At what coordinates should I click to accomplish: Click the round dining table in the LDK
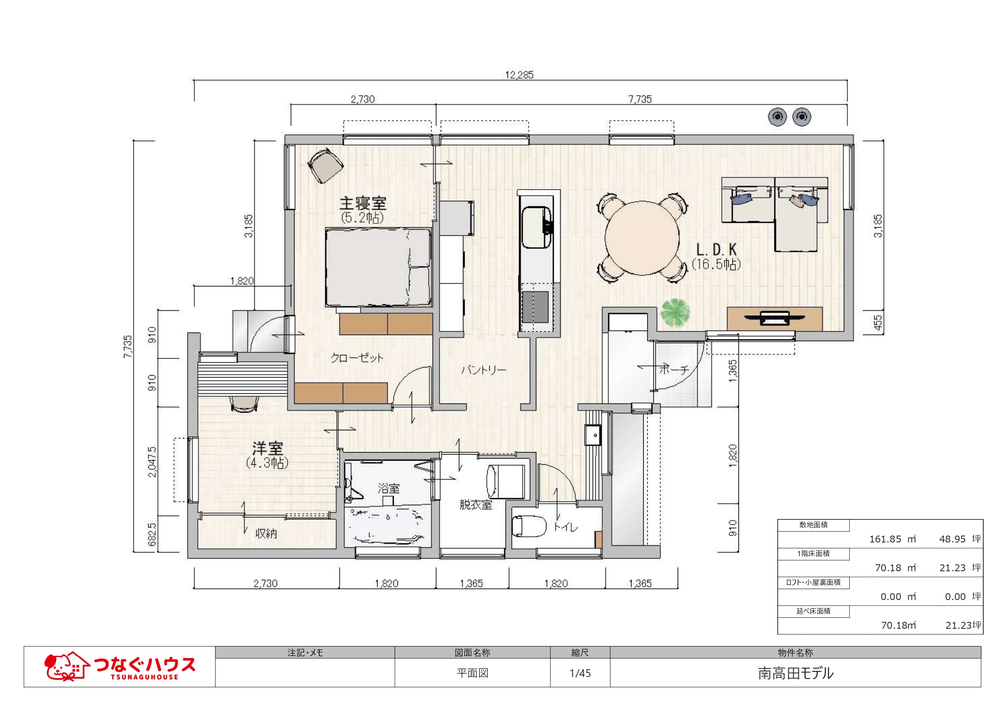642,238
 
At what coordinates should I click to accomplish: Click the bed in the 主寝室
379,267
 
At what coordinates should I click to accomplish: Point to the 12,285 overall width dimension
520,75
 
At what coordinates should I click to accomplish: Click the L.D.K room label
717,250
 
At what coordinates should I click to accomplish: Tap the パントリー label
484,370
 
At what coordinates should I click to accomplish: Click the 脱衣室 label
476,505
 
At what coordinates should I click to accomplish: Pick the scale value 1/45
580,673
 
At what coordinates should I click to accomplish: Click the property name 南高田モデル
795,673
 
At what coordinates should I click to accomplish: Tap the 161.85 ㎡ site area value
892,539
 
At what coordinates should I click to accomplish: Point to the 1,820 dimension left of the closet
242,281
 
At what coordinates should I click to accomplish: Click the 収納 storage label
266,534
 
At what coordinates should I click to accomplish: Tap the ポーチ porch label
674,370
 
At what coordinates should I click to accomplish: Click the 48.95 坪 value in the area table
960,539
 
